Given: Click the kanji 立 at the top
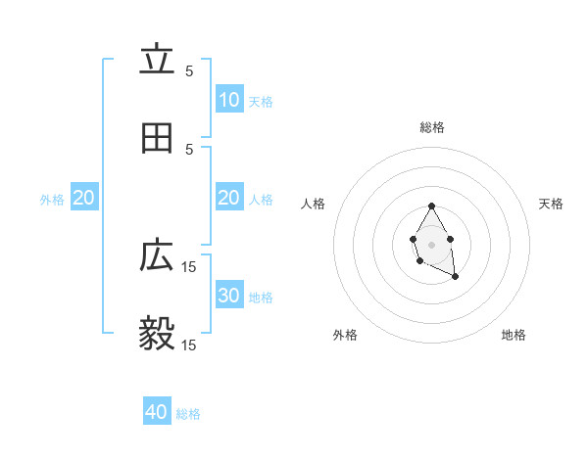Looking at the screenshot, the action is pos(157,61).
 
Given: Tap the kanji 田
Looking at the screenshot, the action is pos(157,139).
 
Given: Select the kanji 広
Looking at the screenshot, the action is pos(157,256).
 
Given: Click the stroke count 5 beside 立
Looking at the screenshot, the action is pos(189,70).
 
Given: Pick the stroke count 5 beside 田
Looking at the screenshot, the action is pos(189,149).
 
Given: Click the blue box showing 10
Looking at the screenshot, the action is pos(229,100).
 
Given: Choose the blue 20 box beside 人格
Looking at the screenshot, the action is pos(229,198).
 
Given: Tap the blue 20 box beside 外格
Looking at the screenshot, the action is pos(84,198).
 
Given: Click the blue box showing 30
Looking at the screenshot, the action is pos(229,296).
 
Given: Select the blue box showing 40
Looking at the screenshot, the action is pos(157,412).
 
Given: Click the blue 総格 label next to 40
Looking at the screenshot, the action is pos(189,414).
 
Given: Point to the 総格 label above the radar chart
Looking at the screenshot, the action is pos(431,127).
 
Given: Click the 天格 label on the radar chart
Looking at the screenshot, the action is pos(552,204).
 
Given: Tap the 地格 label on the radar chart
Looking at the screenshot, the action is pos(514,335).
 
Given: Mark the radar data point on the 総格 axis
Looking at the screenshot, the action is pos(431,206).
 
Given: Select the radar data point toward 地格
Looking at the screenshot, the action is pos(456,278).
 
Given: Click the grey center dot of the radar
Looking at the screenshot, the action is pos(431,243).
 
